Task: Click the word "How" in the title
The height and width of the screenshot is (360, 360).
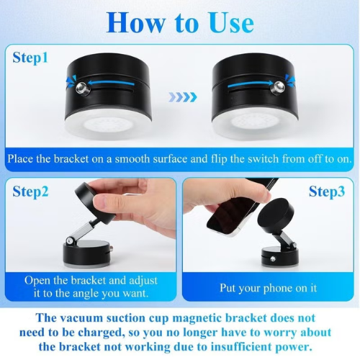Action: [x=135, y=22]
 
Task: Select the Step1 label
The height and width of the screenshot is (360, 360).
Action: [x=30, y=58]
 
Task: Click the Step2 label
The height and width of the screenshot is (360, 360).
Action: [x=30, y=192]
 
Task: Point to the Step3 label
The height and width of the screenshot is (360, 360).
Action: [x=327, y=192]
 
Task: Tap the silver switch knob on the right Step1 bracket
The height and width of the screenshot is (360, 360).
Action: [x=279, y=86]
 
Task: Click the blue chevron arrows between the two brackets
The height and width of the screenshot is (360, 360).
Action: [x=183, y=97]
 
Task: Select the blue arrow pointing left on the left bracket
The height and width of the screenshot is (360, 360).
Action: [x=110, y=83]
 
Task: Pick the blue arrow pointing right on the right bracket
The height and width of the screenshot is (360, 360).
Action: [x=251, y=84]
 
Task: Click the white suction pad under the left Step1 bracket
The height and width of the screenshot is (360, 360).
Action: [x=107, y=125]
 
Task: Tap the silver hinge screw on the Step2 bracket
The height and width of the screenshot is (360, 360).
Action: [x=70, y=240]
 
